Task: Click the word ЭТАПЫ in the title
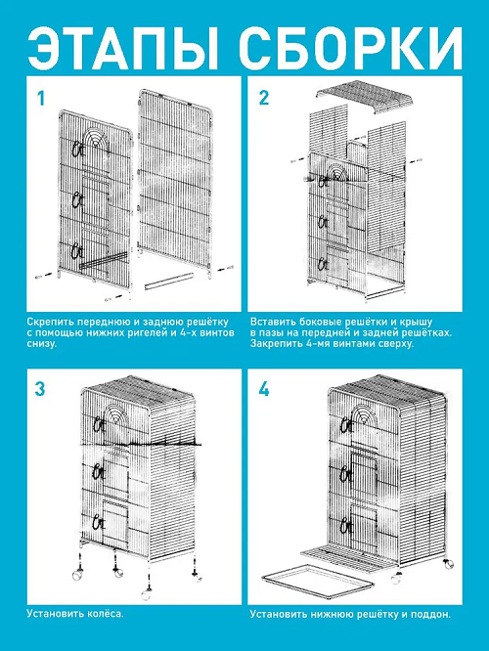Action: (124, 48)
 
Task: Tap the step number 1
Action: (41, 99)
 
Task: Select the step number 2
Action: (264, 98)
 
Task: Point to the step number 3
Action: (40, 389)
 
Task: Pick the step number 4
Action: (264, 389)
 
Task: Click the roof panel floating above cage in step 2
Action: (366, 97)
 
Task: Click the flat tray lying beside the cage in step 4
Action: (318, 582)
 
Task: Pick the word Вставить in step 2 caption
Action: (270, 322)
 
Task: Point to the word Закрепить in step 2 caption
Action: (272, 344)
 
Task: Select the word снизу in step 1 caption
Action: (41, 344)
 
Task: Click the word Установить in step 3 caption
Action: (55, 614)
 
